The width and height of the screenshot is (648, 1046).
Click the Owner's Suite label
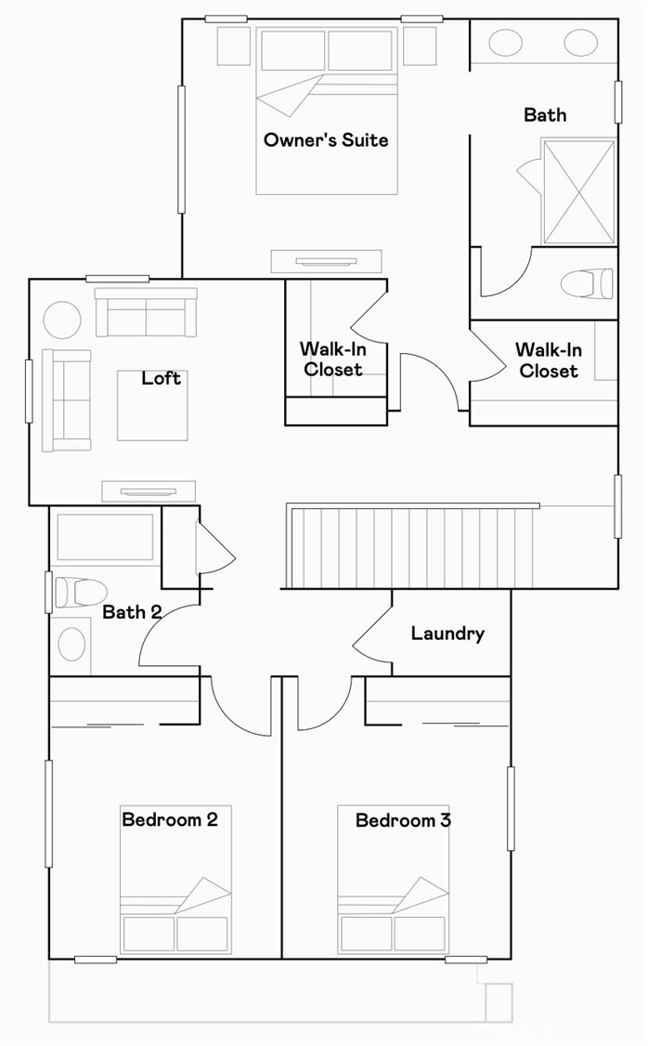(326, 140)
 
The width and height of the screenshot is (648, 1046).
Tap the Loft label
(162, 378)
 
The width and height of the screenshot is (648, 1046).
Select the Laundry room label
(447, 634)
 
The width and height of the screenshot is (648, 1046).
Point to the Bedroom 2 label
(170, 819)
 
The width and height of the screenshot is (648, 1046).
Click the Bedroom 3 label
(403, 820)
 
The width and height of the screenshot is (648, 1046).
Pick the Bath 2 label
(132, 611)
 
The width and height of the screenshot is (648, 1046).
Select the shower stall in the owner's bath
(577, 192)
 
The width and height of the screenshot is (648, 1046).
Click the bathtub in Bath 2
(105, 537)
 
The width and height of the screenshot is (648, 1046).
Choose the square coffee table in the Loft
(152, 406)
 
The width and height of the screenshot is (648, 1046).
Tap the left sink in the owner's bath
(505, 43)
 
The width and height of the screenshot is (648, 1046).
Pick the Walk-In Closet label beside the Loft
(330, 360)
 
